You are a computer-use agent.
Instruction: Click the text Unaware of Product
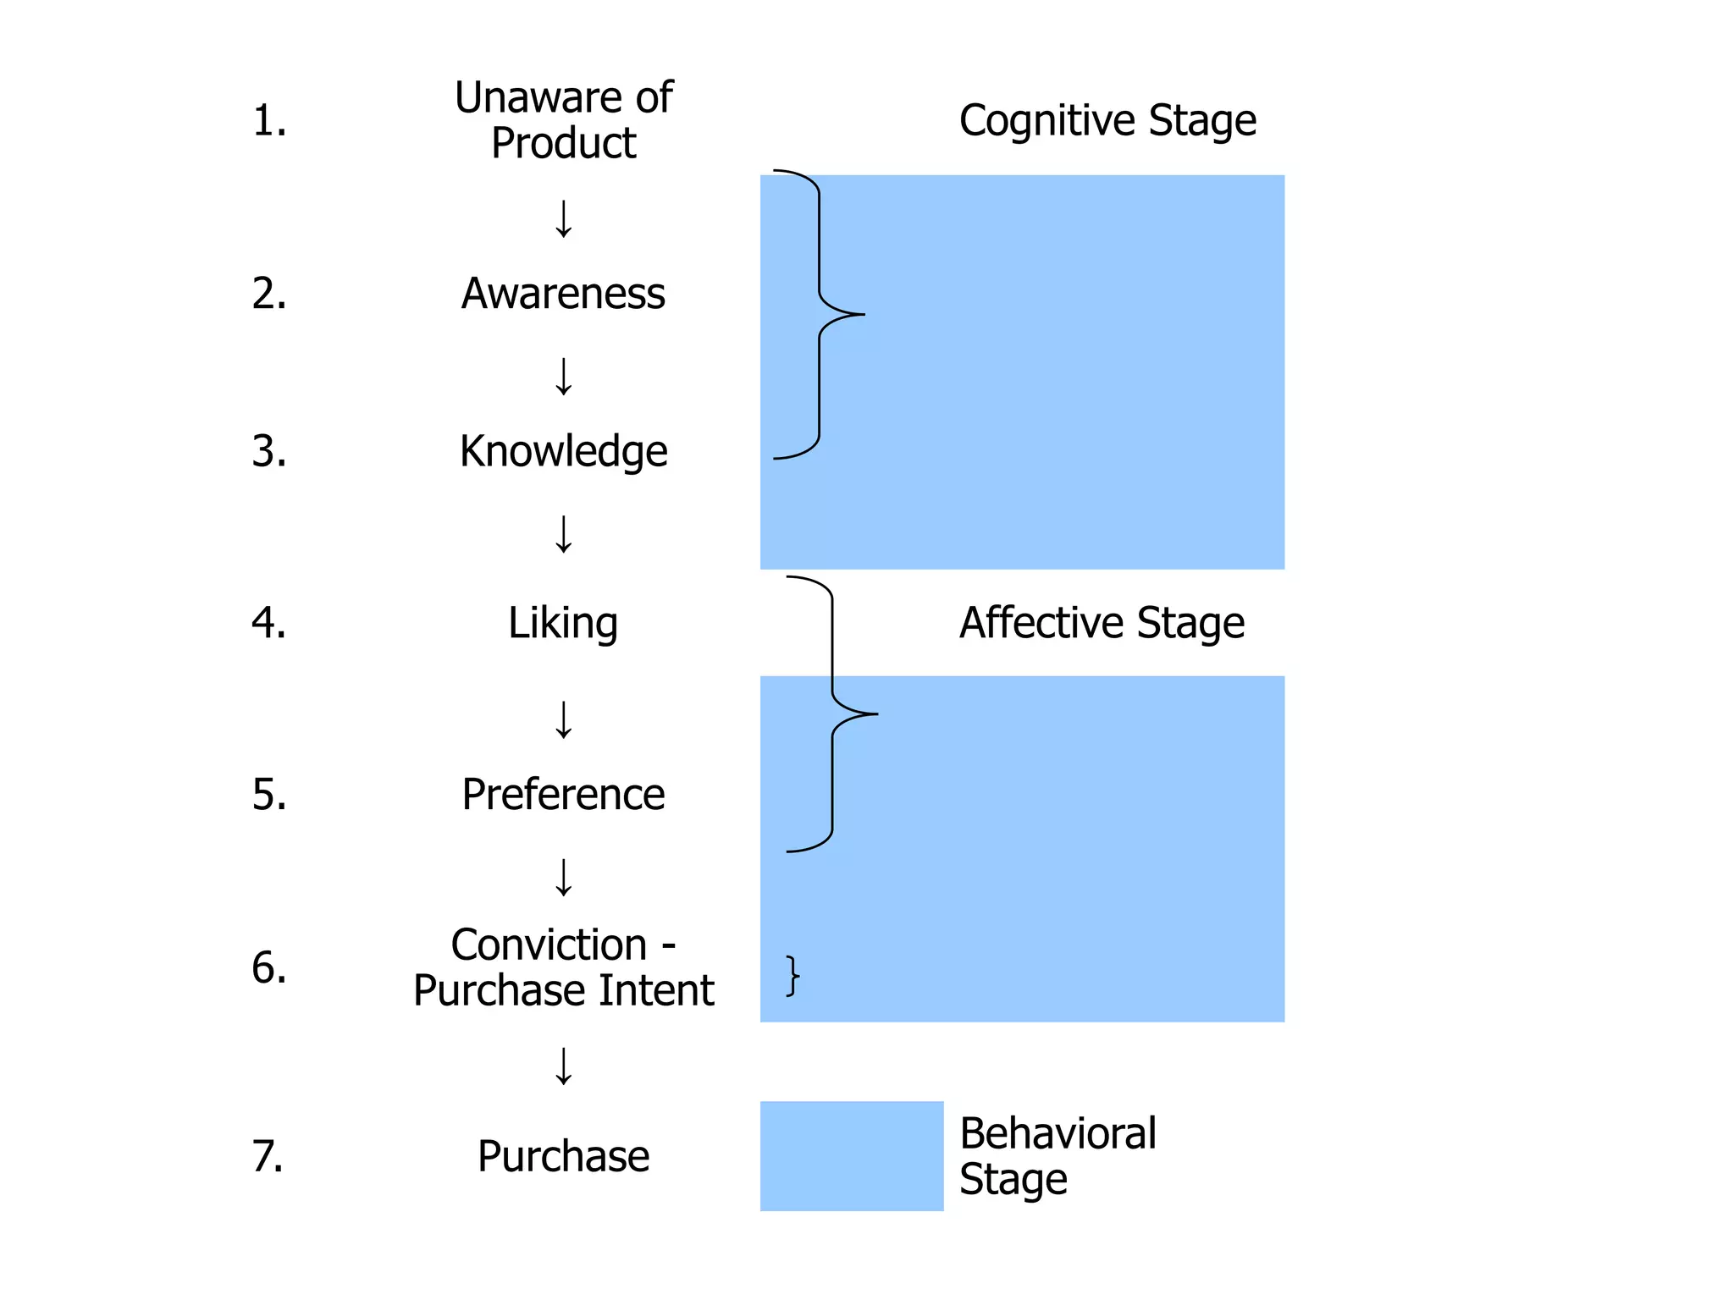(x=563, y=120)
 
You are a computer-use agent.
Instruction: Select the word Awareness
(x=563, y=294)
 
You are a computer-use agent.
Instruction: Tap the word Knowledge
(x=563, y=451)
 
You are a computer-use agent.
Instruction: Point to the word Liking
(x=563, y=623)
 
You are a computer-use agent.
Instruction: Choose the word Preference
(x=563, y=795)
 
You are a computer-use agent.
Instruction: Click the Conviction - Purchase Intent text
(x=563, y=967)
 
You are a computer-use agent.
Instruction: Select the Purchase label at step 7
(x=563, y=1156)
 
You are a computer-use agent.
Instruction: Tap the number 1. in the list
(x=269, y=120)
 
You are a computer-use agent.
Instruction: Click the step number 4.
(x=269, y=623)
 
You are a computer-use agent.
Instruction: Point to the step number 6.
(x=269, y=967)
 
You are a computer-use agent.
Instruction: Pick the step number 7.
(x=268, y=1156)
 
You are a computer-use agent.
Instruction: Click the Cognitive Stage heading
(x=1107, y=120)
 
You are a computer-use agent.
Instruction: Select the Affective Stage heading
(x=1102, y=623)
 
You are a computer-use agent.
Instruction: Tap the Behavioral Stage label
(x=1057, y=1156)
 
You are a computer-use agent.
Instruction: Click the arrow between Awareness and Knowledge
(x=563, y=377)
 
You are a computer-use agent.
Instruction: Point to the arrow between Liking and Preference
(x=563, y=719)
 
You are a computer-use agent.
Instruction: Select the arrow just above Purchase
(x=563, y=1066)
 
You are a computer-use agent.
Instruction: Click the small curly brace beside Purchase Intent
(x=792, y=976)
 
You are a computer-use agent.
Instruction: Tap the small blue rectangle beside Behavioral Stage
(x=852, y=1156)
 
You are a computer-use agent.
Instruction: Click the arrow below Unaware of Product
(x=563, y=219)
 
